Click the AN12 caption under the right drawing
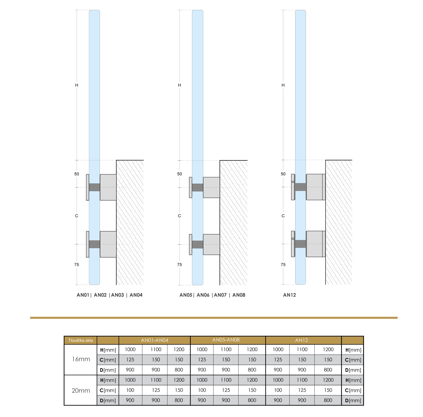[x=289, y=295]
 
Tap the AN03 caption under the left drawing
[x=117, y=295]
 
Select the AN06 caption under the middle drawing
[x=203, y=295]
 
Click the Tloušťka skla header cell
[x=80, y=340]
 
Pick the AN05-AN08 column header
[x=226, y=340]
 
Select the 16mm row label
[x=81, y=359]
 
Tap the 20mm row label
[x=81, y=391]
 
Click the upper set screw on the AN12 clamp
[x=293, y=182]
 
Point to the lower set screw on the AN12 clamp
[x=293, y=239]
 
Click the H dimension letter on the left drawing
[x=77, y=85]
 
